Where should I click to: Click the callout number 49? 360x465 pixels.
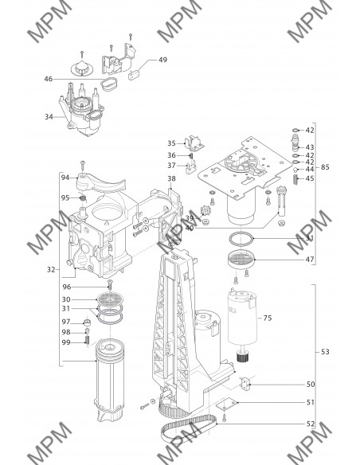point(162,60)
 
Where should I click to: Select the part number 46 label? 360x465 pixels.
point(49,79)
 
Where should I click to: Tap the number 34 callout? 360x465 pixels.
point(49,117)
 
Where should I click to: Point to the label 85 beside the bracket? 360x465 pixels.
point(325,167)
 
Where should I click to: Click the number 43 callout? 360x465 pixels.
point(310,147)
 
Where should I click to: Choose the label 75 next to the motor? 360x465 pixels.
point(268,318)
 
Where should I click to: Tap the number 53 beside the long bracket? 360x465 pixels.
point(325,352)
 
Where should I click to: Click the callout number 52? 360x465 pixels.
point(311,424)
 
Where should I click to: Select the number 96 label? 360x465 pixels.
point(67,287)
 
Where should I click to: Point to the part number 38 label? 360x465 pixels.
point(171,178)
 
